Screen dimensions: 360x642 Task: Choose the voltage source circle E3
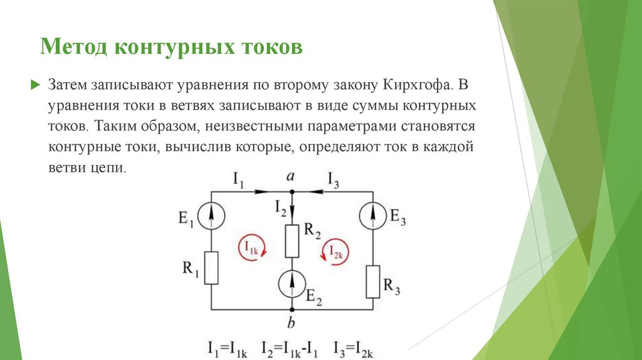(x=372, y=216)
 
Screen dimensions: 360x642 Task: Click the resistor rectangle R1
(x=212, y=268)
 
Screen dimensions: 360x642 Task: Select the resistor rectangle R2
(x=292, y=241)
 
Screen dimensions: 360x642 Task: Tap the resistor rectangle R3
(x=372, y=281)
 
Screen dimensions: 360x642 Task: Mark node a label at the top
(x=291, y=177)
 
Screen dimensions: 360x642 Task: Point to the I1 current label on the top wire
(x=238, y=181)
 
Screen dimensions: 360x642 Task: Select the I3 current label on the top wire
(x=334, y=181)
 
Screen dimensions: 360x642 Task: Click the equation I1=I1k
(x=231, y=348)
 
